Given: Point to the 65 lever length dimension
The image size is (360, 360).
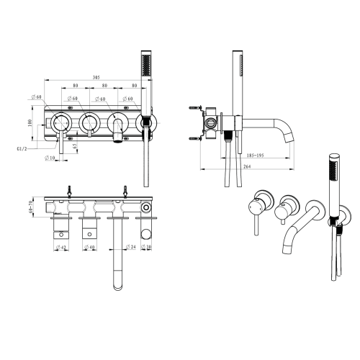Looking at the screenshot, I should pyautogui.click(x=75, y=148).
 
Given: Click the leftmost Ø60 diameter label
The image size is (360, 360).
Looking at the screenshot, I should pyautogui.click(x=37, y=96).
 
